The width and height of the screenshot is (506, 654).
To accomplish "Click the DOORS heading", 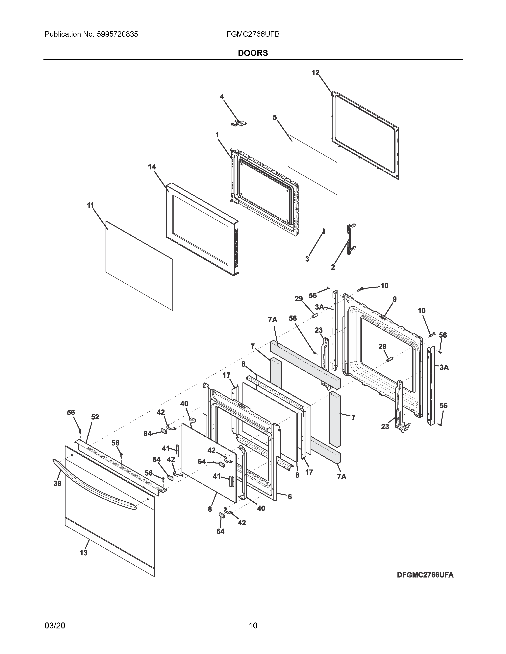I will (x=253, y=53).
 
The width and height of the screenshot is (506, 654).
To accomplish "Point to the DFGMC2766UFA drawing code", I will (x=425, y=575).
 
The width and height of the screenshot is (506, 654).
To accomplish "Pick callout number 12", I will (x=315, y=73).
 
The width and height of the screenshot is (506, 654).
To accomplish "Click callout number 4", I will (x=221, y=97).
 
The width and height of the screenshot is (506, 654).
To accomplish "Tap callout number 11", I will (x=90, y=206).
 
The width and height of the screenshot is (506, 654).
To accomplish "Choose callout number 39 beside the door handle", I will (x=58, y=483).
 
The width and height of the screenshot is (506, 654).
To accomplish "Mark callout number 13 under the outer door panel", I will (x=83, y=553).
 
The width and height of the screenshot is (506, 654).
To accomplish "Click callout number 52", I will (x=95, y=417).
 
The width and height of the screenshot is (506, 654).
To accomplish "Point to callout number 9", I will (x=394, y=299).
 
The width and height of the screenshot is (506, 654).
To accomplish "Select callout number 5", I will (x=275, y=118).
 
